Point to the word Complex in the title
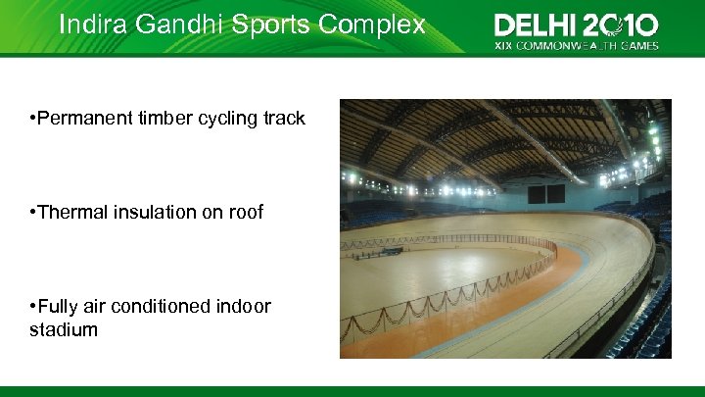(x=377, y=25)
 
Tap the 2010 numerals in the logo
(x=621, y=25)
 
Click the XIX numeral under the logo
(x=502, y=45)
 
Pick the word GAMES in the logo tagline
(x=638, y=45)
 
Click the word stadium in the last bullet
(x=64, y=330)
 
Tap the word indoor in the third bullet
(x=246, y=307)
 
